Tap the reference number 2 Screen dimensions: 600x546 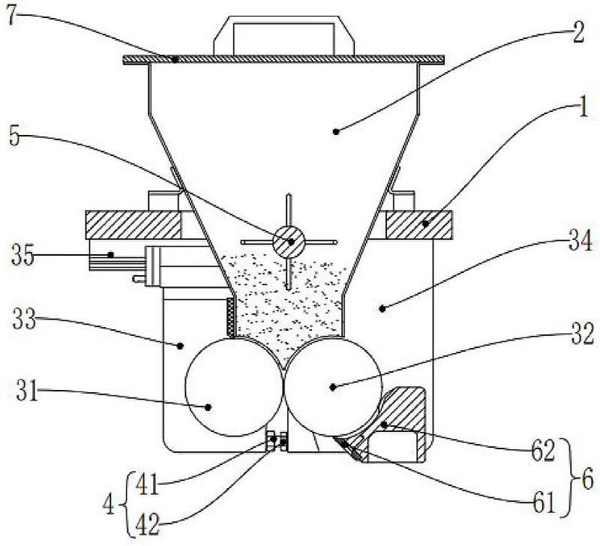point(577,32)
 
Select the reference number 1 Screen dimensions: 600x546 point(583,107)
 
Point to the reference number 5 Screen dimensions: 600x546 point(14,136)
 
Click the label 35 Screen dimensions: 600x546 point(22,256)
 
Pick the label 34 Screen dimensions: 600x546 point(580,241)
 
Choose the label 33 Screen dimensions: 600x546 point(24,319)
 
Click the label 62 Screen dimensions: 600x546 point(543,452)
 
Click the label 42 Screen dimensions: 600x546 point(148,525)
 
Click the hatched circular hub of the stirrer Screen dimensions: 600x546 point(289,241)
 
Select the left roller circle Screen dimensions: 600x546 point(234,387)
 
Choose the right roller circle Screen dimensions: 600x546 point(333,387)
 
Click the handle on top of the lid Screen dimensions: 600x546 point(284,35)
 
